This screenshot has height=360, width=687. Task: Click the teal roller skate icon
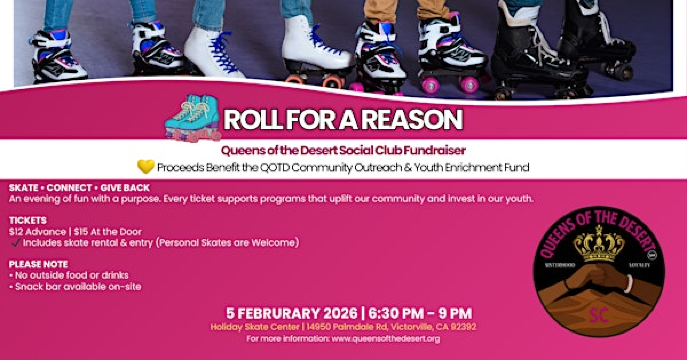(x=194, y=118)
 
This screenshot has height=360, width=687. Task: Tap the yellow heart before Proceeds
(x=146, y=166)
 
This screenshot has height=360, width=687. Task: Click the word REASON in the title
(x=412, y=121)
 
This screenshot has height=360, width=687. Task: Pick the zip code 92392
(x=460, y=326)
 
